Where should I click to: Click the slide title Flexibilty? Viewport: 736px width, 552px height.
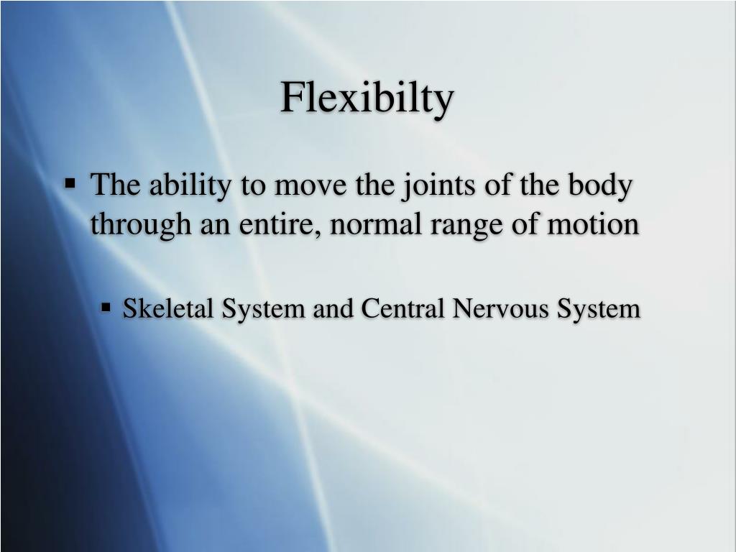click(367, 98)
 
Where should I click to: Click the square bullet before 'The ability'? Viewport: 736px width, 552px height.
click(70, 183)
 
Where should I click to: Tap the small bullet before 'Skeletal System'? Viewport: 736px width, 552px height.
click(106, 308)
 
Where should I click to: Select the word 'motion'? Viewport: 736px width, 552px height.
click(594, 224)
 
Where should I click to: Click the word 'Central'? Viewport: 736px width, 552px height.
click(404, 308)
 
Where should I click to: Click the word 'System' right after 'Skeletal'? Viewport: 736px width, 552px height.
click(262, 310)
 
